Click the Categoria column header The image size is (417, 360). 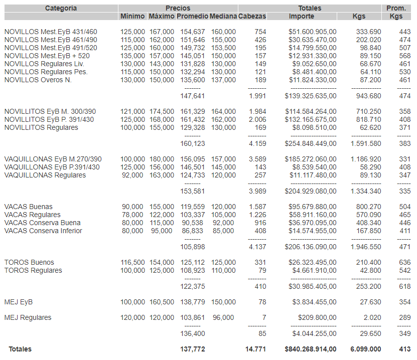61,8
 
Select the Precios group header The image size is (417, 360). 178,8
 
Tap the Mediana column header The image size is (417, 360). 223,17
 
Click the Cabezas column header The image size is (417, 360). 252,17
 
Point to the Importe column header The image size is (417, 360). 302,17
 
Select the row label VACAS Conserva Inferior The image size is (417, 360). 43,231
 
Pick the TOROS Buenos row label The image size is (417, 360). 29,263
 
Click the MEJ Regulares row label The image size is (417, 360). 28,318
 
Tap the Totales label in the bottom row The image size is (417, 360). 20,349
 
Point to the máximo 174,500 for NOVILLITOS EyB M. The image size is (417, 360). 162,112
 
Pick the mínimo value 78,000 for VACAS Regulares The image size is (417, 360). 132,215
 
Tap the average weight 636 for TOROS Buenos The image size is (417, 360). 404,263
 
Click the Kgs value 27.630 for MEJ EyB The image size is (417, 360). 369,302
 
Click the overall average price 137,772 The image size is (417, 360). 193,349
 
